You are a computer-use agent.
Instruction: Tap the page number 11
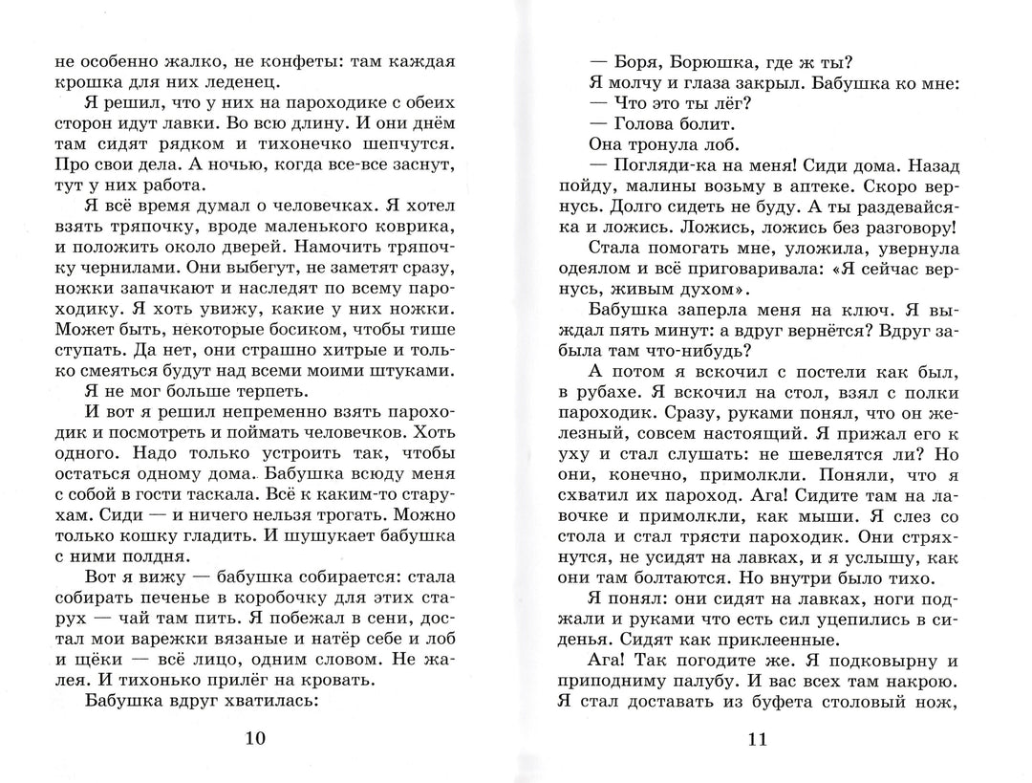756,738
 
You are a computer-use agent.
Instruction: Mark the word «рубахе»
613,397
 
